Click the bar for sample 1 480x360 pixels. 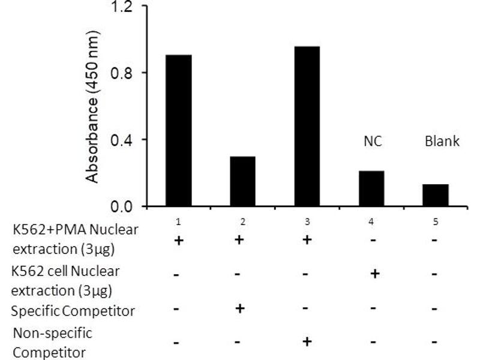point(178,131)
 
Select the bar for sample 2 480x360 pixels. point(242,181)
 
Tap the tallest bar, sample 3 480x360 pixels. point(307,127)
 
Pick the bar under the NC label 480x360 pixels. point(371,188)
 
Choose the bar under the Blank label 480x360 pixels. point(435,195)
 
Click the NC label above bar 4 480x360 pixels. point(373,142)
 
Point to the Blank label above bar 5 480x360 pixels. point(442,142)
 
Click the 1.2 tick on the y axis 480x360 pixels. point(119,8)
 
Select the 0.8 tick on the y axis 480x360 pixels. point(119,73)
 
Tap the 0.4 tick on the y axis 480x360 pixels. point(119,140)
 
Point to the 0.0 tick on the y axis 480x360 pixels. point(119,207)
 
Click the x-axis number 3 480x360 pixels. point(307,221)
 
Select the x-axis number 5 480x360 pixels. point(436,221)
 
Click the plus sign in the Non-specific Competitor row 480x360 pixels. point(307,341)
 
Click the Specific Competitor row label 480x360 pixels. point(74,311)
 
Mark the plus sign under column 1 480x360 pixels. point(178,241)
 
